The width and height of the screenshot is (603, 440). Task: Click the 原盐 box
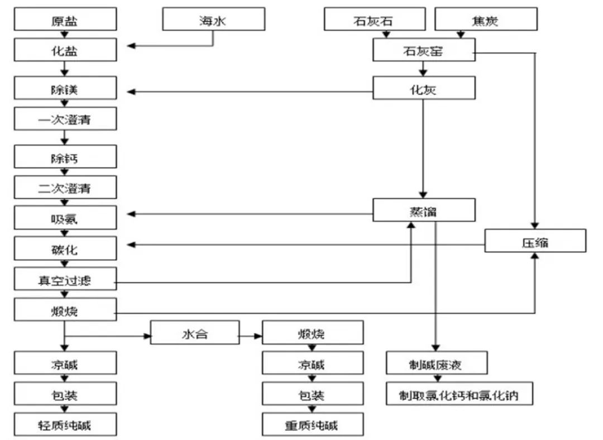tap(66, 21)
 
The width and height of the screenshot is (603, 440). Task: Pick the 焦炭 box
tap(486, 21)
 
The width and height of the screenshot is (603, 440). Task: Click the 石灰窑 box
tap(424, 52)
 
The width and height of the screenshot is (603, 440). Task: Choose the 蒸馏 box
tap(424, 212)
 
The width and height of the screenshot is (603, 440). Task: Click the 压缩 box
tap(535, 242)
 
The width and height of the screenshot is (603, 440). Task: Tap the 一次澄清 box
tap(66, 119)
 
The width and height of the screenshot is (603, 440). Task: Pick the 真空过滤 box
tap(66, 280)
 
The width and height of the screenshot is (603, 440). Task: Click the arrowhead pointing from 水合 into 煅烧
tap(258, 337)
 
